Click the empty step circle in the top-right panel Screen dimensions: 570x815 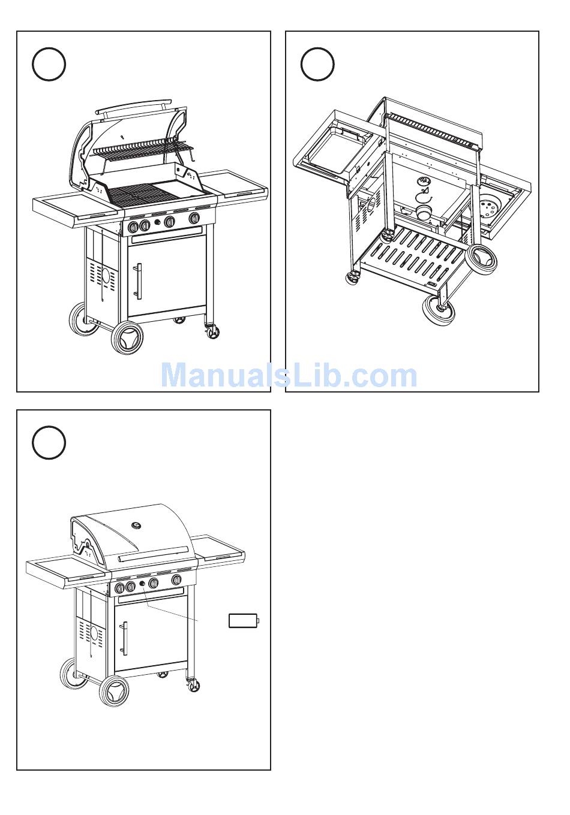click(317, 64)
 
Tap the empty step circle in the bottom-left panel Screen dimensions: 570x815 click(49, 442)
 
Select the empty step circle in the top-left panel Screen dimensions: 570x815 click(49, 64)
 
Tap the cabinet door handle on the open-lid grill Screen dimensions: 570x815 click(139, 281)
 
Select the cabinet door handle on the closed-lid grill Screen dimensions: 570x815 click(125, 639)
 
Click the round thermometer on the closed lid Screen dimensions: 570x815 click(136, 525)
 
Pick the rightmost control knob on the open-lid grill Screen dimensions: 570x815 click(194, 218)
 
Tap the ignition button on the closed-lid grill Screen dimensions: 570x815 click(142, 584)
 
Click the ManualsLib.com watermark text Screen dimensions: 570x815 click(289, 376)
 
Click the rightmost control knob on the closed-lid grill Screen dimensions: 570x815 click(176, 579)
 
